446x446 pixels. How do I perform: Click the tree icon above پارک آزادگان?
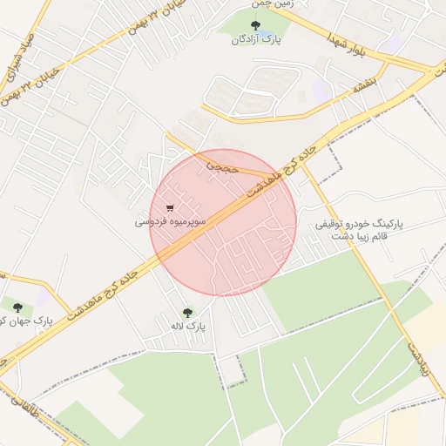pyautogui.click(x=254, y=25)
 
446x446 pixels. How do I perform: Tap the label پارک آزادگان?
pyautogui.click(x=255, y=40)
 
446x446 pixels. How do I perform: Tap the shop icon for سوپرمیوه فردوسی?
pyautogui.click(x=169, y=208)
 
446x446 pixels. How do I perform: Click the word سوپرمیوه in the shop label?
pyautogui.click(x=189, y=223)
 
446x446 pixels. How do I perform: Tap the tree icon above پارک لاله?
pyautogui.click(x=187, y=312)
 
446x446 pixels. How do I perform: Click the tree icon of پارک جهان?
pyautogui.click(x=17, y=305)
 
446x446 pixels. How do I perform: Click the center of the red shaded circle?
pyautogui.click(x=223, y=222)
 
